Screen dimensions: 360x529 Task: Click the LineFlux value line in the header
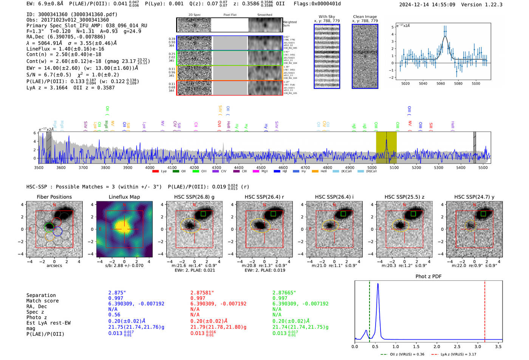65,49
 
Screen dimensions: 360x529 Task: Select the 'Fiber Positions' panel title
54,197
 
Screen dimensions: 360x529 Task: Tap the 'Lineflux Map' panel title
124,197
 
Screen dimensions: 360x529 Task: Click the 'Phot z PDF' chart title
428,277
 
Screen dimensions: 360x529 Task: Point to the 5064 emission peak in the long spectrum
386,141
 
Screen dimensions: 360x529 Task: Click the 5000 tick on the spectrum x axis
372,167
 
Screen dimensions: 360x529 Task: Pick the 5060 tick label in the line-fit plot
441,83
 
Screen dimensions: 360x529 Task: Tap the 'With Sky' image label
327,17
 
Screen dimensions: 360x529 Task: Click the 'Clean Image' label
365,17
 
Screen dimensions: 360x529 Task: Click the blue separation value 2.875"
117,293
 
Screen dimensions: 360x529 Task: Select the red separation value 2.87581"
202,293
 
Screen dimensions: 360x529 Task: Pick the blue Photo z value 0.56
114,315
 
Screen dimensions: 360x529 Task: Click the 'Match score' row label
42,301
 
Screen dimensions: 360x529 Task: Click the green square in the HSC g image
203,214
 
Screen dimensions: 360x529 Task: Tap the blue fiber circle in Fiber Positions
57,232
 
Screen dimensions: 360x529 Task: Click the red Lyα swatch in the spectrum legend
155,172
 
